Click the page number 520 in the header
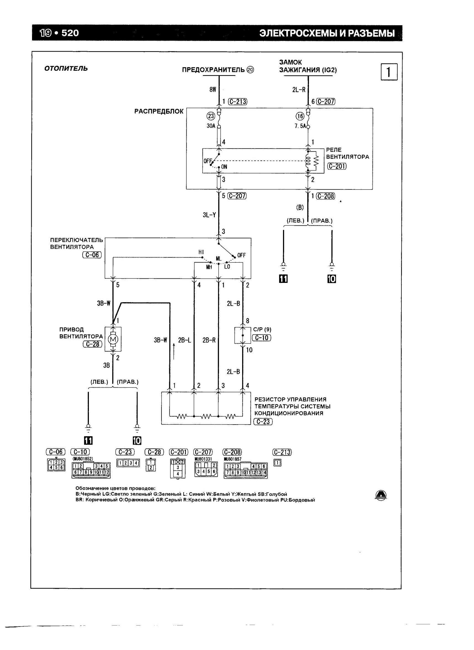point(70,33)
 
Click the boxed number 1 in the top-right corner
point(389,72)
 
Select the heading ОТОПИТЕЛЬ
point(66,69)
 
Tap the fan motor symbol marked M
point(113,339)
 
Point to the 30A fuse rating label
point(211,126)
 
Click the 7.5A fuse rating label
point(300,126)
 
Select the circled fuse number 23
point(211,116)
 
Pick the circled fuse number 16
point(300,116)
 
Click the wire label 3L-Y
point(209,215)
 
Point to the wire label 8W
point(213,90)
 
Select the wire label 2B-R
point(209,340)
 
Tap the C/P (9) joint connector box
point(242,335)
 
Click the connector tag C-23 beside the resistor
point(263,422)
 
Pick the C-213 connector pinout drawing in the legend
point(277,462)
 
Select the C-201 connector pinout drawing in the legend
point(178,468)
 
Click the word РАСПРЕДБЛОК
point(159,111)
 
